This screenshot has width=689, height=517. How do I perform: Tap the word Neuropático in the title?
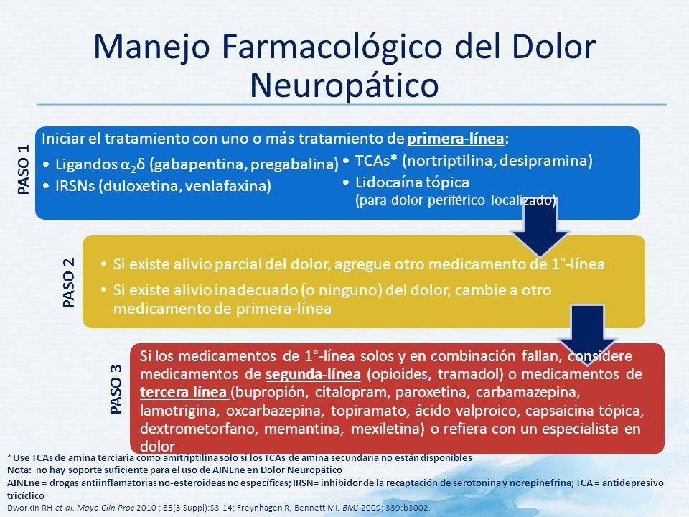click(344, 83)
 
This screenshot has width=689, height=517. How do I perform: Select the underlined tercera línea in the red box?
click(184, 393)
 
